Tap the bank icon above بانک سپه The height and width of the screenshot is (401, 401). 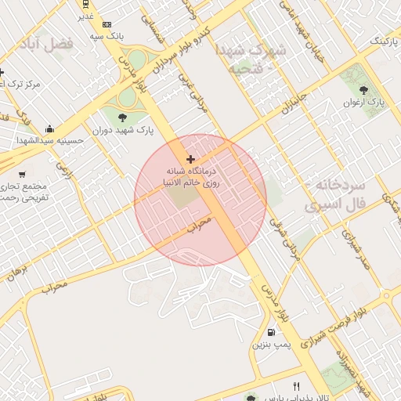(107, 24)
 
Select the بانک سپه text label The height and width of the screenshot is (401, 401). (107, 36)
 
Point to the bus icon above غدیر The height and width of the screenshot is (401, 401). (84, 5)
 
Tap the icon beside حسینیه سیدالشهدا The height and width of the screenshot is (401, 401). (50, 128)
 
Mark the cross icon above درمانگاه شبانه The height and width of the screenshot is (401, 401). (190, 159)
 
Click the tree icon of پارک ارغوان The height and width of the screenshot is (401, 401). (368, 89)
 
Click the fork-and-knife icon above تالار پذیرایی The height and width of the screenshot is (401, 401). (296, 386)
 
